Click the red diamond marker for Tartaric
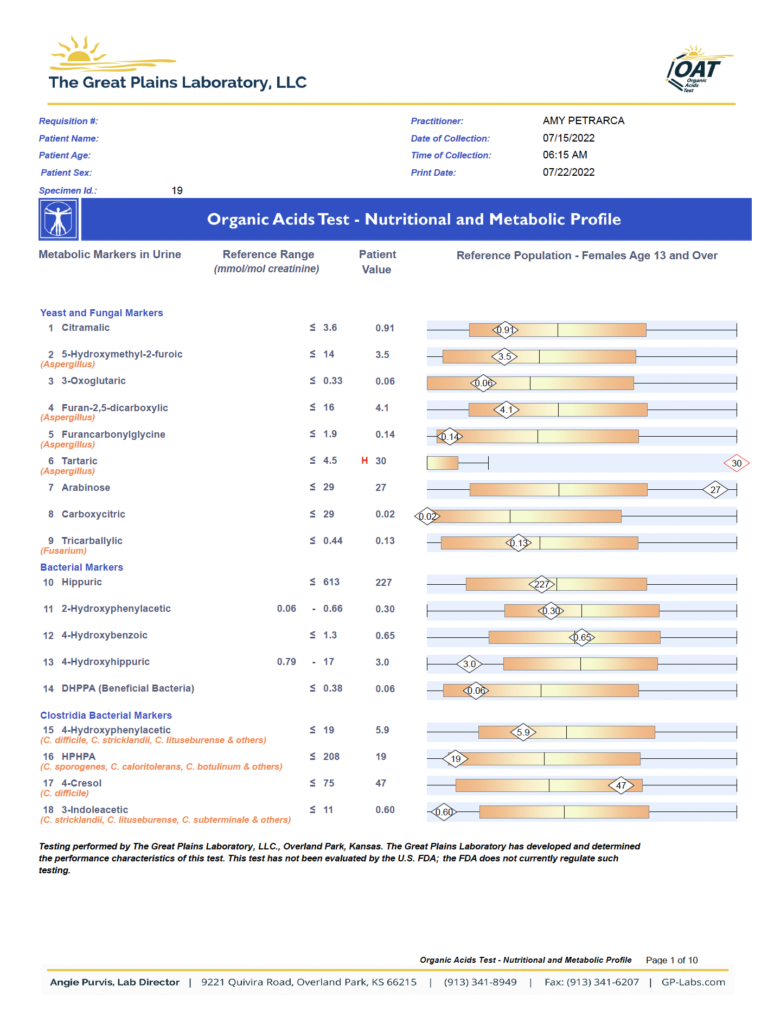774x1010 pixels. (736, 463)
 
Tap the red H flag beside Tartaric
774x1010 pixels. (364, 461)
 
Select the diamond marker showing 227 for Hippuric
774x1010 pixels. (542, 584)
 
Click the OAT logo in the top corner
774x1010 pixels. (699, 69)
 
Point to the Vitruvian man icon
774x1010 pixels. (59, 219)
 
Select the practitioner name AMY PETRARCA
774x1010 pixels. (584, 120)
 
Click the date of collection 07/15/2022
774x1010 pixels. (569, 138)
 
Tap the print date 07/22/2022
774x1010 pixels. (569, 172)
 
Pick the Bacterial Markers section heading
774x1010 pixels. (82, 567)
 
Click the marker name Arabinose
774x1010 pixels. (86, 487)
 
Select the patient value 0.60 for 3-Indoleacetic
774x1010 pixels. (385, 809)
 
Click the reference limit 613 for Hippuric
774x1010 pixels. (331, 581)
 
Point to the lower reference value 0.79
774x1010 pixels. (286, 661)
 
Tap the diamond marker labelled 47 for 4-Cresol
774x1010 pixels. (621, 785)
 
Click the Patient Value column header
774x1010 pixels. (378, 261)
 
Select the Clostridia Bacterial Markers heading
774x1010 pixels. (106, 715)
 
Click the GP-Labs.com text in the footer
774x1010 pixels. (693, 982)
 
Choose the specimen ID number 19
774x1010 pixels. (177, 190)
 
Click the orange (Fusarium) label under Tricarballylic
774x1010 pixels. (63, 551)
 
